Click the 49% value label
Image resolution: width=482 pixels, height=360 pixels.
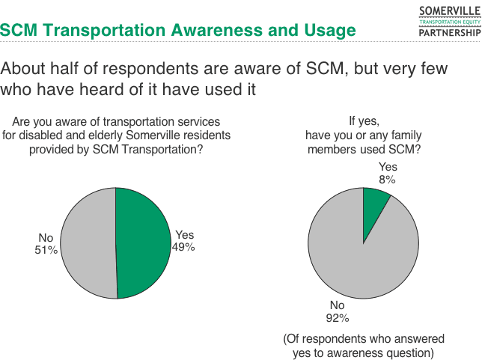click(184, 246)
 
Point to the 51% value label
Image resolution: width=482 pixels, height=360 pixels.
click(46, 250)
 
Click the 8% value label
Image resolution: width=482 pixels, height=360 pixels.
click(387, 179)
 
